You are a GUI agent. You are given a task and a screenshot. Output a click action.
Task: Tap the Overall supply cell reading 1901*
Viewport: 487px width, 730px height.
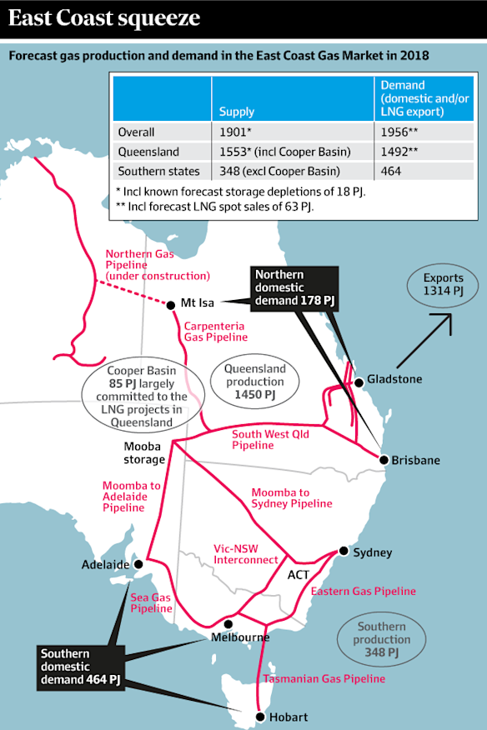coord(233,132)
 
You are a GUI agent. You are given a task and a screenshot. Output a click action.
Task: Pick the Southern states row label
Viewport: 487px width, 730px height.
coord(158,171)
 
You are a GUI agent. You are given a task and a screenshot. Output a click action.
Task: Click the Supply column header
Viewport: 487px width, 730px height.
coord(237,111)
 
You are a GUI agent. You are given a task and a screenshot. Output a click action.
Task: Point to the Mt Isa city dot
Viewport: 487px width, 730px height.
coord(171,305)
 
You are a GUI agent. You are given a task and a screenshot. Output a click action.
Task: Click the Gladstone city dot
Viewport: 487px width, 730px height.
coord(359,382)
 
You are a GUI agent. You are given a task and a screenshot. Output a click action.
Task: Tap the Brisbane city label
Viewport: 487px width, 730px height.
coord(416,460)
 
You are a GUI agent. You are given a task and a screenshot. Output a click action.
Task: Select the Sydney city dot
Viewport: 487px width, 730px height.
coord(344,551)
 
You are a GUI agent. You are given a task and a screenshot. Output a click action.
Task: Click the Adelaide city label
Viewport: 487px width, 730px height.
coord(105,564)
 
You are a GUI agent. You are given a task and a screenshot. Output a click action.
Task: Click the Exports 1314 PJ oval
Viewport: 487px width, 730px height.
coord(443,286)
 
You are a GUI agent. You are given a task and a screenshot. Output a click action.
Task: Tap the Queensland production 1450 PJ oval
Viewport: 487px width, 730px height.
coord(254,382)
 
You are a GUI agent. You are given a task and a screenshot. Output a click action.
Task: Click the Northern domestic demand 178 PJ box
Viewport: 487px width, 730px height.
coord(291,287)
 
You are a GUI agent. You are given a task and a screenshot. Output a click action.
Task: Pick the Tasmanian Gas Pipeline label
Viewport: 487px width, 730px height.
coord(324,679)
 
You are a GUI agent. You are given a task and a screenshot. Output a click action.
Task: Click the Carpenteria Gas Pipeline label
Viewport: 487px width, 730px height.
coord(215,332)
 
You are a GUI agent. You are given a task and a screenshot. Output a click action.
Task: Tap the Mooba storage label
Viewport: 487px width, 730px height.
coord(139,452)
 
